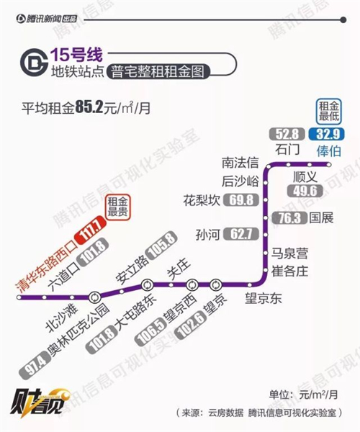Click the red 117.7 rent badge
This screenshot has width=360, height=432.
coord(90,229)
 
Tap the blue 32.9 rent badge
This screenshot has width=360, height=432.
coord(327,134)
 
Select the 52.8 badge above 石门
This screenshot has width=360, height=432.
coord(287,134)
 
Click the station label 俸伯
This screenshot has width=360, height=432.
coord(328,151)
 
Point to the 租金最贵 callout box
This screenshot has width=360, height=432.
coord(117,207)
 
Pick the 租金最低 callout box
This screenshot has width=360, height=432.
coord(328,111)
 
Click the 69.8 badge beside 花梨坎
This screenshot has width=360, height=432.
coord(241,200)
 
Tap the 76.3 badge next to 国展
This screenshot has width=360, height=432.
coord(289,218)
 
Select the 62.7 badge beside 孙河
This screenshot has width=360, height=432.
coord(241,234)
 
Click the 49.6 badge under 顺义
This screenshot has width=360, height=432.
coord(305,191)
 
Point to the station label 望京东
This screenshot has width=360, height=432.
coord(264,298)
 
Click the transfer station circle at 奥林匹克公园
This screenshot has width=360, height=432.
coord(95,297)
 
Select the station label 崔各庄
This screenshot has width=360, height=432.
coord(289,271)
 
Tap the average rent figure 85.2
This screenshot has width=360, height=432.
coord(89,108)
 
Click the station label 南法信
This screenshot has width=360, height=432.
coord(240,163)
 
